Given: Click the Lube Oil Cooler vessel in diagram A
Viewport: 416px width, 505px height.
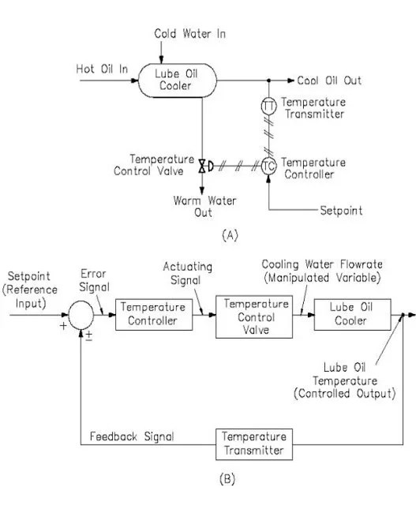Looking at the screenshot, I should [175, 80].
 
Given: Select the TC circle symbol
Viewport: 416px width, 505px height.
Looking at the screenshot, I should [268, 166].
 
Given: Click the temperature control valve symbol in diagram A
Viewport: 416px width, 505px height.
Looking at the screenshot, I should [203, 166].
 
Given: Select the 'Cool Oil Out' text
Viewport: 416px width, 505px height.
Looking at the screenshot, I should [330, 80].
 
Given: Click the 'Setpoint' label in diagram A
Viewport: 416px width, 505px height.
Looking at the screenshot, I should [340, 211].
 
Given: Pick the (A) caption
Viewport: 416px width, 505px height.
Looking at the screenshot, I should [208, 234].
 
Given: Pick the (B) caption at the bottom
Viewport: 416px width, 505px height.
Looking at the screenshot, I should [207, 478].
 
